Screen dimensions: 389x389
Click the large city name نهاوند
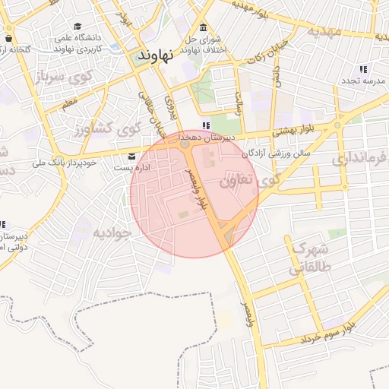coord(156,55)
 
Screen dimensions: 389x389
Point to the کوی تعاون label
coord(246,182)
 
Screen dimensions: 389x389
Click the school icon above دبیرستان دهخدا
coord(206,126)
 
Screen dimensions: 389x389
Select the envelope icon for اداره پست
coord(133,157)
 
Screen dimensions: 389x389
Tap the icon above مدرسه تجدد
coord(362,69)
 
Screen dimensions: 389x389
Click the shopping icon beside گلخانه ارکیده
coord(8,39)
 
